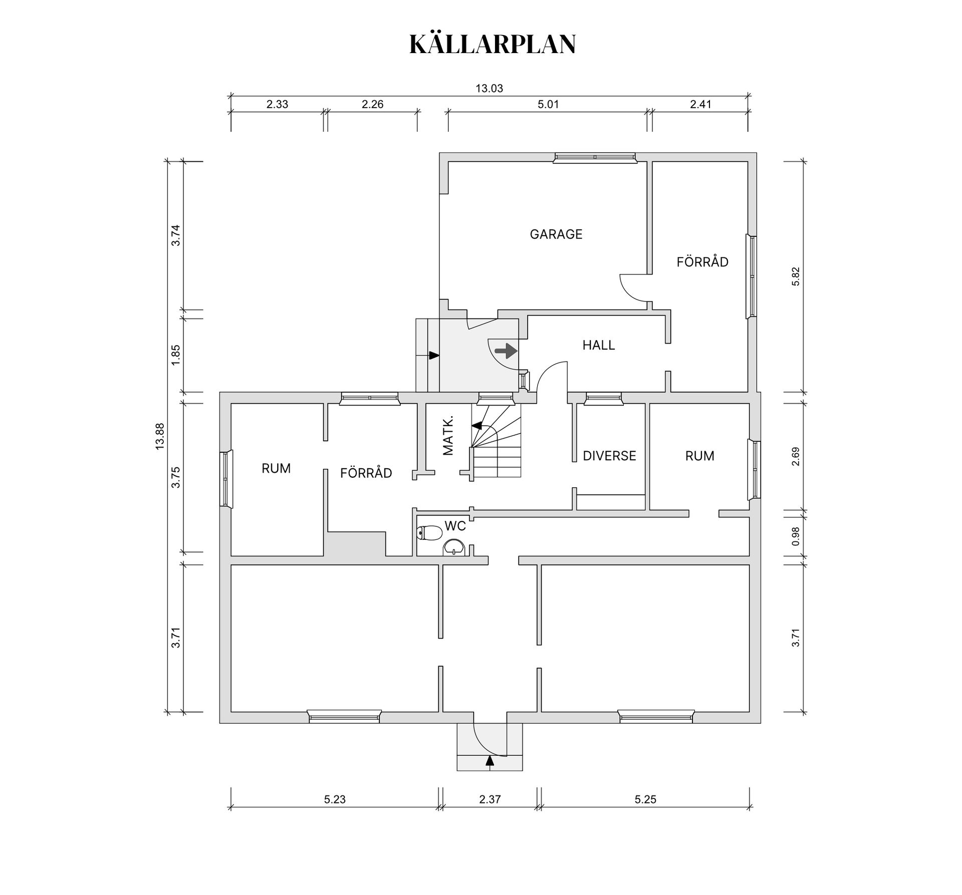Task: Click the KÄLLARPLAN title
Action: coord(493,45)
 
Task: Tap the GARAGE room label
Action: coord(556,234)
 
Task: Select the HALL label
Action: coord(598,345)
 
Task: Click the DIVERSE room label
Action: coord(609,456)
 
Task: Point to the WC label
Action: coord(455,526)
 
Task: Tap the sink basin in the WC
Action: coord(454,547)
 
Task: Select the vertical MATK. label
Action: coord(448,435)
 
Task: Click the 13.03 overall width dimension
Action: coord(489,89)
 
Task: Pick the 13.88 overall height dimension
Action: coord(160,436)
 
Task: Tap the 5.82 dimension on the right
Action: coord(796,276)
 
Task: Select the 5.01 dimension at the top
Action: coord(548,105)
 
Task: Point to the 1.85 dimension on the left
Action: coord(176,355)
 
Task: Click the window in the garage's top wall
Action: coord(595,157)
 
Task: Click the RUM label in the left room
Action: coord(276,468)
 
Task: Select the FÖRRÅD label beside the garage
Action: coord(702,262)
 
